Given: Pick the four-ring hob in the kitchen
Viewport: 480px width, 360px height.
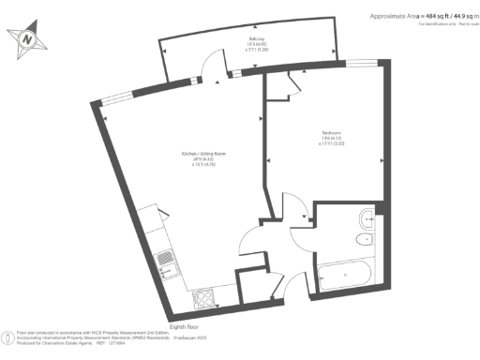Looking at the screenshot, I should [203, 299].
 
